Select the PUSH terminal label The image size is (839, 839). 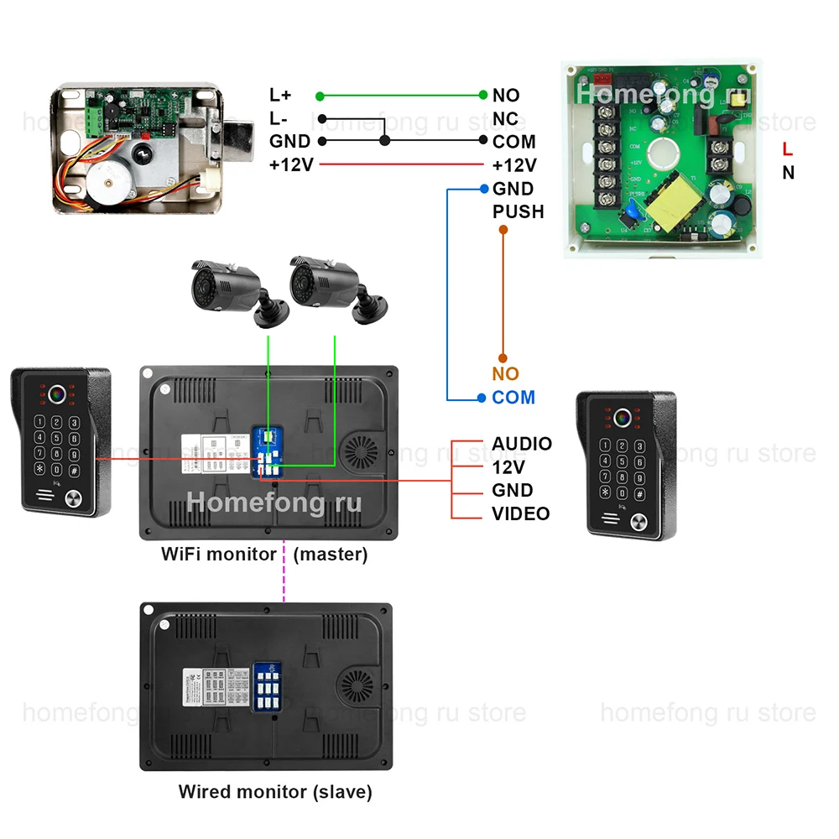(x=518, y=211)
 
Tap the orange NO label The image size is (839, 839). (x=505, y=374)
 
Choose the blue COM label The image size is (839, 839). (x=513, y=398)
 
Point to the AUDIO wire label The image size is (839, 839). (x=521, y=444)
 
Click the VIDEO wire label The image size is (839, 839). (x=520, y=513)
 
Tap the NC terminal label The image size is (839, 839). (x=505, y=119)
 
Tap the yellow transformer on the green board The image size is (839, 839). (x=671, y=202)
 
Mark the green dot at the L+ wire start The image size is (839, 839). (x=320, y=96)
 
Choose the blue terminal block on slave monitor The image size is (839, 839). (x=268, y=688)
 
